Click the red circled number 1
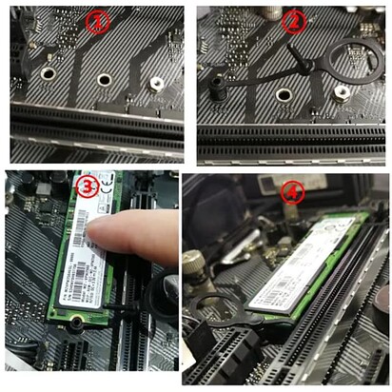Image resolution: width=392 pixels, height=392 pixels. tap(98, 23)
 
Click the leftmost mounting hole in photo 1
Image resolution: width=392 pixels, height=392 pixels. tap(48, 72)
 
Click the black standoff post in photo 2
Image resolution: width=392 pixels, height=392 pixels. tap(218, 88)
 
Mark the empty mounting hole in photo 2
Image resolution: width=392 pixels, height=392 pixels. tap(282, 94)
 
